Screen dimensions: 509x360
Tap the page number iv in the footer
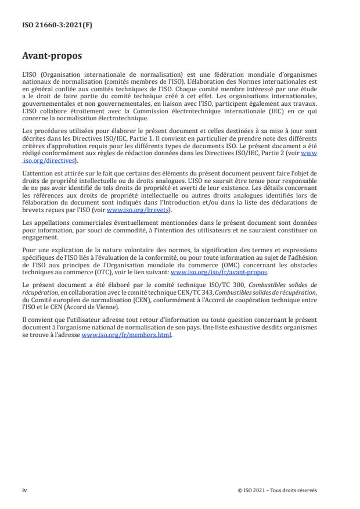pyautogui.click(x=24, y=490)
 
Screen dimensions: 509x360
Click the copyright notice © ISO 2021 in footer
pyautogui.click(x=277, y=490)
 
